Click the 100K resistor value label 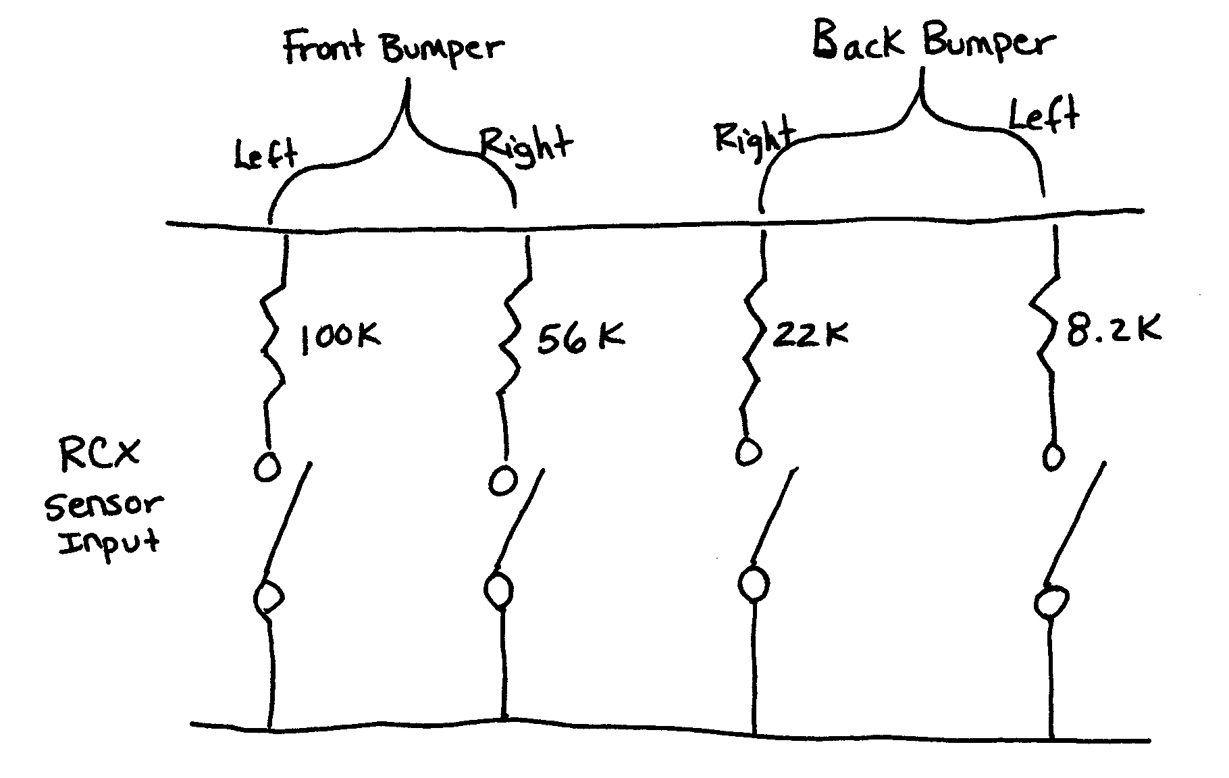click(340, 336)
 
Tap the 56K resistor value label click(580, 338)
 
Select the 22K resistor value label click(810, 334)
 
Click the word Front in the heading click(323, 49)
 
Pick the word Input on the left click(108, 542)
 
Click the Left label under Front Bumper click(265, 154)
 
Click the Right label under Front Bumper click(526, 145)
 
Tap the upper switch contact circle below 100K click(267, 467)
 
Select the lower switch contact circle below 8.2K click(1051, 602)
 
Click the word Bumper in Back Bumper click(988, 43)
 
